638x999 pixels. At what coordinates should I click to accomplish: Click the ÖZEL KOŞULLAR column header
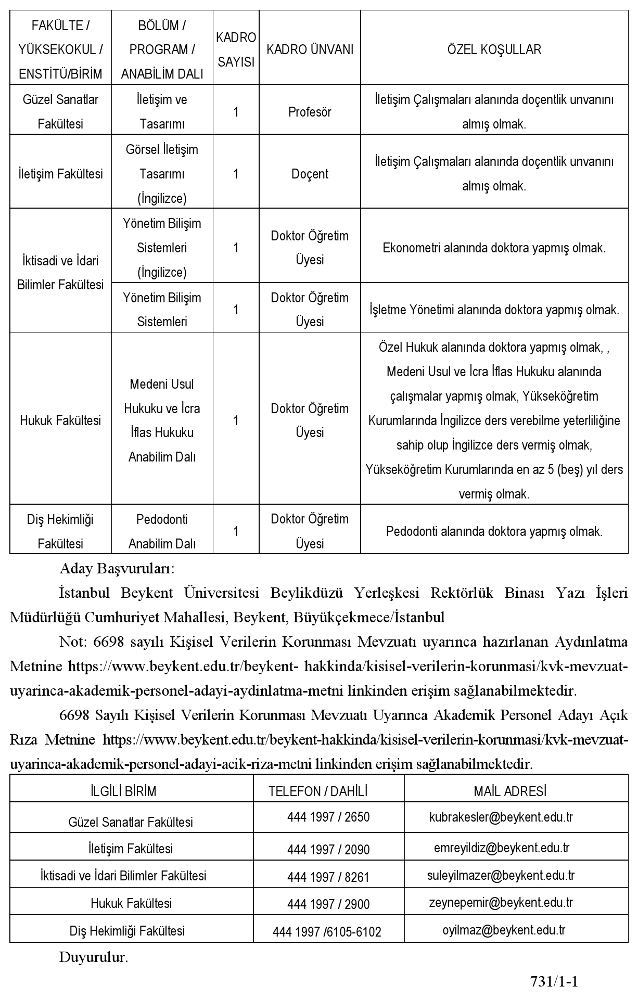494,49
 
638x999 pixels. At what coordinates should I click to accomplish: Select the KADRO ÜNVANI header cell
310,49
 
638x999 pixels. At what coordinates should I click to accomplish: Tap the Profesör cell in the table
310,112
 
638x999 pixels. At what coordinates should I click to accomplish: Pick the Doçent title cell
310,174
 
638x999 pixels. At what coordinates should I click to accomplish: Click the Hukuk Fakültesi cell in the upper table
60,420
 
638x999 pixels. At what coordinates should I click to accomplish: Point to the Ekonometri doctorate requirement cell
494,248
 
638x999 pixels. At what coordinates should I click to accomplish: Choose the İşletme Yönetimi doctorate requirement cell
494,310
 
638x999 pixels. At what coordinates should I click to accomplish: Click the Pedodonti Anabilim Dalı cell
162,531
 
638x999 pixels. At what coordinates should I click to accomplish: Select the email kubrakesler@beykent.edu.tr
501,817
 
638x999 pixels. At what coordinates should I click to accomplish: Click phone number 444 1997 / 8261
328,877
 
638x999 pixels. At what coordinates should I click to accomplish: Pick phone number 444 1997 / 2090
328,849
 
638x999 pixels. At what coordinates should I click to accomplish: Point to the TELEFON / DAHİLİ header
318,791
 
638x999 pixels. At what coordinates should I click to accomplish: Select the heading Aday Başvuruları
117,568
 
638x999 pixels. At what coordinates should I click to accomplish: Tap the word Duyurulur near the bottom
93,957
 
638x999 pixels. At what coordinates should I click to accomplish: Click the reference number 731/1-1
554,981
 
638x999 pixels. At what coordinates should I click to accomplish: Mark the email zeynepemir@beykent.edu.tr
501,902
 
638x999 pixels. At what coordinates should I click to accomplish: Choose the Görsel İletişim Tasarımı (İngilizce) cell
162,174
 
